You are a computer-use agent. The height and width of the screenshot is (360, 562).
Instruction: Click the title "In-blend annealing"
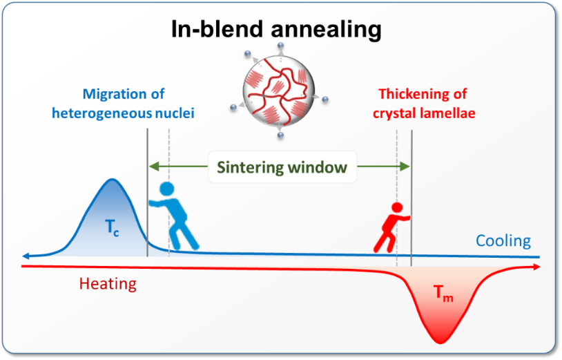[x=275, y=29]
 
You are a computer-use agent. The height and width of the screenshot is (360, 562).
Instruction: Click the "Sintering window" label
[x=282, y=167]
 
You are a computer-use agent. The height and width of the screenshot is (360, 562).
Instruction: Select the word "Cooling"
[x=503, y=241]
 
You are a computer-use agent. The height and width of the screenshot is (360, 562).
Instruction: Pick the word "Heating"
[x=108, y=283]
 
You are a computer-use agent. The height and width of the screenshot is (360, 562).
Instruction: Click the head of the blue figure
[x=166, y=189]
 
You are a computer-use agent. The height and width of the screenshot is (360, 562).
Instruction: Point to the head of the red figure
[x=396, y=207]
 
